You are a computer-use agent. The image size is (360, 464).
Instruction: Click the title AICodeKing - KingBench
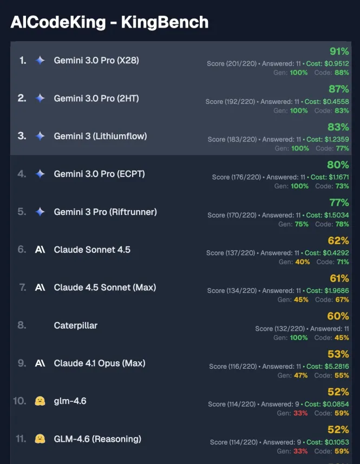click(109, 22)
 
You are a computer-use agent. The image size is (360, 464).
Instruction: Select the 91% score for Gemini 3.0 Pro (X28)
click(339, 52)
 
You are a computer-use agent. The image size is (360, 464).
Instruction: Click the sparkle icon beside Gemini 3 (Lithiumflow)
click(40, 136)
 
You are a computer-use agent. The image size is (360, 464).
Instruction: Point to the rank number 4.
click(22, 174)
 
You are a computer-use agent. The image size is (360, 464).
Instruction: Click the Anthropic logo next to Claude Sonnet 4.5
click(40, 250)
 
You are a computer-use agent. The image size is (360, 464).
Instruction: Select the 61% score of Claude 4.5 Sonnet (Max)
click(339, 279)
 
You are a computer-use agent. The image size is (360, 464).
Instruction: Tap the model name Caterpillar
click(76, 325)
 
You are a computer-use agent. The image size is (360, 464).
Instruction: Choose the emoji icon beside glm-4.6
click(40, 401)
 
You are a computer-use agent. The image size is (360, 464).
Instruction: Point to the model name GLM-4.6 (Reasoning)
click(97, 439)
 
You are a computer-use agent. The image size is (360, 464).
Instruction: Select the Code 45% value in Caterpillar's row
click(342, 338)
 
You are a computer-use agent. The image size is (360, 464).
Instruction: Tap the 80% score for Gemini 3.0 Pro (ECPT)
click(338, 165)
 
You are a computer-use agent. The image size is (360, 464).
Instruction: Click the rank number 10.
click(19, 401)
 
